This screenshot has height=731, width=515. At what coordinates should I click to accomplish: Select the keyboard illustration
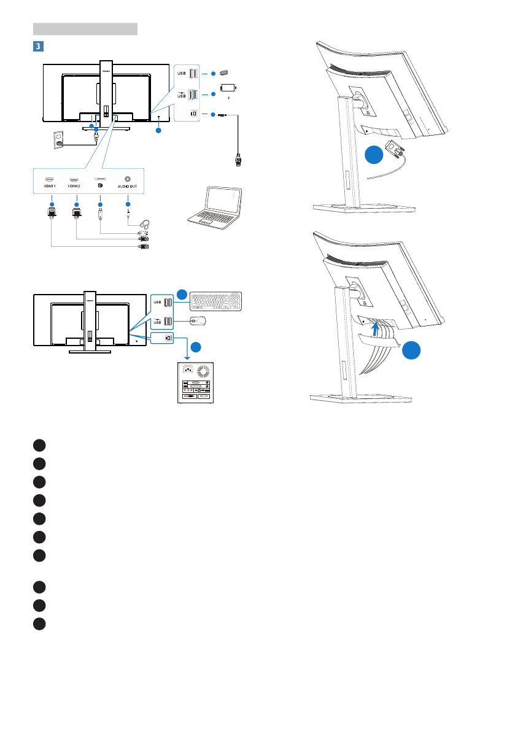click(x=217, y=300)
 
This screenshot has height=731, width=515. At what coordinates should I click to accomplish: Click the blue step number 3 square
click(x=37, y=46)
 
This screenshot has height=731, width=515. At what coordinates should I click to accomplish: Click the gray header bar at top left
click(x=85, y=28)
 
